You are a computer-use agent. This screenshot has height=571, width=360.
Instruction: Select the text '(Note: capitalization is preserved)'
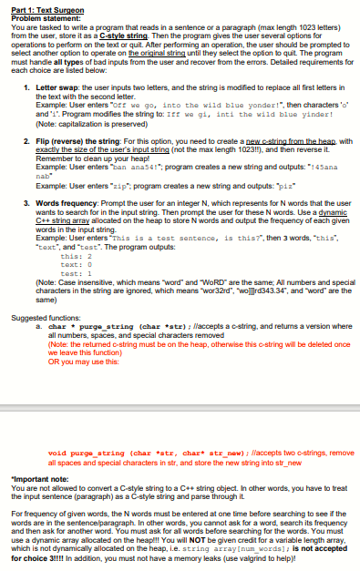pyautogui.click(x=92, y=124)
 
